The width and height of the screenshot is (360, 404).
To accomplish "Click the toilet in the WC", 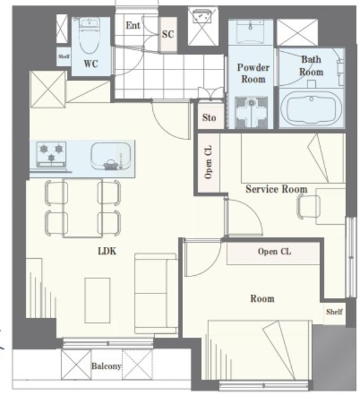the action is pyautogui.click(x=89, y=35).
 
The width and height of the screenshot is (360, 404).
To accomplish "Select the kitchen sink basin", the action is pyautogui.click(x=111, y=156).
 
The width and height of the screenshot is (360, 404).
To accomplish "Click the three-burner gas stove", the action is pyautogui.click(x=51, y=154).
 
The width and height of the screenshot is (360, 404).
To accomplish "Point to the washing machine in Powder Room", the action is pyautogui.click(x=251, y=112).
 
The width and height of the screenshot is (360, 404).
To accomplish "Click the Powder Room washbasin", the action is pyautogui.click(x=250, y=32).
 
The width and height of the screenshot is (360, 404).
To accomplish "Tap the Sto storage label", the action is pyautogui.click(x=209, y=118).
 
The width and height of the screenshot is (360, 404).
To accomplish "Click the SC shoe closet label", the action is pyautogui.click(x=168, y=34).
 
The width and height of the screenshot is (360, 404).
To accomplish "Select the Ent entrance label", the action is pyautogui.click(x=133, y=25).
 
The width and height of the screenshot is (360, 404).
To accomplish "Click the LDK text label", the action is pyautogui.click(x=107, y=251).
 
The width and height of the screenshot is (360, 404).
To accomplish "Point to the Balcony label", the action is pyautogui.click(x=106, y=366).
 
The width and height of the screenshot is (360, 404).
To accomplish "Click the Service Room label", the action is pyautogui.click(x=277, y=189).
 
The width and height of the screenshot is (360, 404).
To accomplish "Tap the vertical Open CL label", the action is pyautogui.click(x=208, y=162).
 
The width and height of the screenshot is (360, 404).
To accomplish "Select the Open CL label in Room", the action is pyautogui.click(x=274, y=251).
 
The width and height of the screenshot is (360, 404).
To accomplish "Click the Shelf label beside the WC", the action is pyautogui.click(x=64, y=56).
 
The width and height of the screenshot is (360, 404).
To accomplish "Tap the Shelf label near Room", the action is pyautogui.click(x=334, y=312).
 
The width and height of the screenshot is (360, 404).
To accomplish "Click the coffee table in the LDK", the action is pyautogui.click(x=97, y=300).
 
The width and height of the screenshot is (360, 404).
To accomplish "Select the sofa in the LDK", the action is pyautogui.click(x=156, y=294).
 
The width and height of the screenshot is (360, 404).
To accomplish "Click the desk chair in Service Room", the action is pyautogui.click(x=308, y=206).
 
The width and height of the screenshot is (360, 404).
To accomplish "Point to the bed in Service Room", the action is pyautogui.click(x=293, y=158).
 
